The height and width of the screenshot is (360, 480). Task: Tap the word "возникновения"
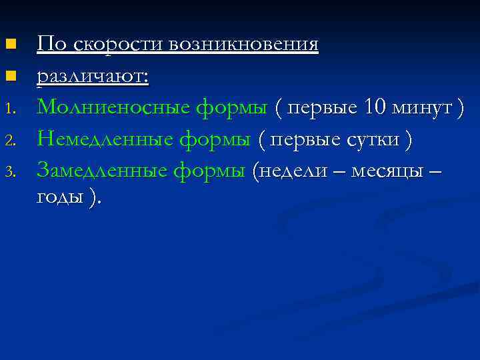click(244, 45)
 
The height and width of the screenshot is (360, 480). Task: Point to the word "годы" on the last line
click(61, 197)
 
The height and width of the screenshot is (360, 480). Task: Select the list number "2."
click(9, 141)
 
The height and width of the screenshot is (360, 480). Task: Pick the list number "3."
click(9, 173)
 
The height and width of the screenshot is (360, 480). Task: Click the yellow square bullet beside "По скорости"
click(9, 45)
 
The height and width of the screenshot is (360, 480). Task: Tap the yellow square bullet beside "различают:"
click(9, 77)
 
